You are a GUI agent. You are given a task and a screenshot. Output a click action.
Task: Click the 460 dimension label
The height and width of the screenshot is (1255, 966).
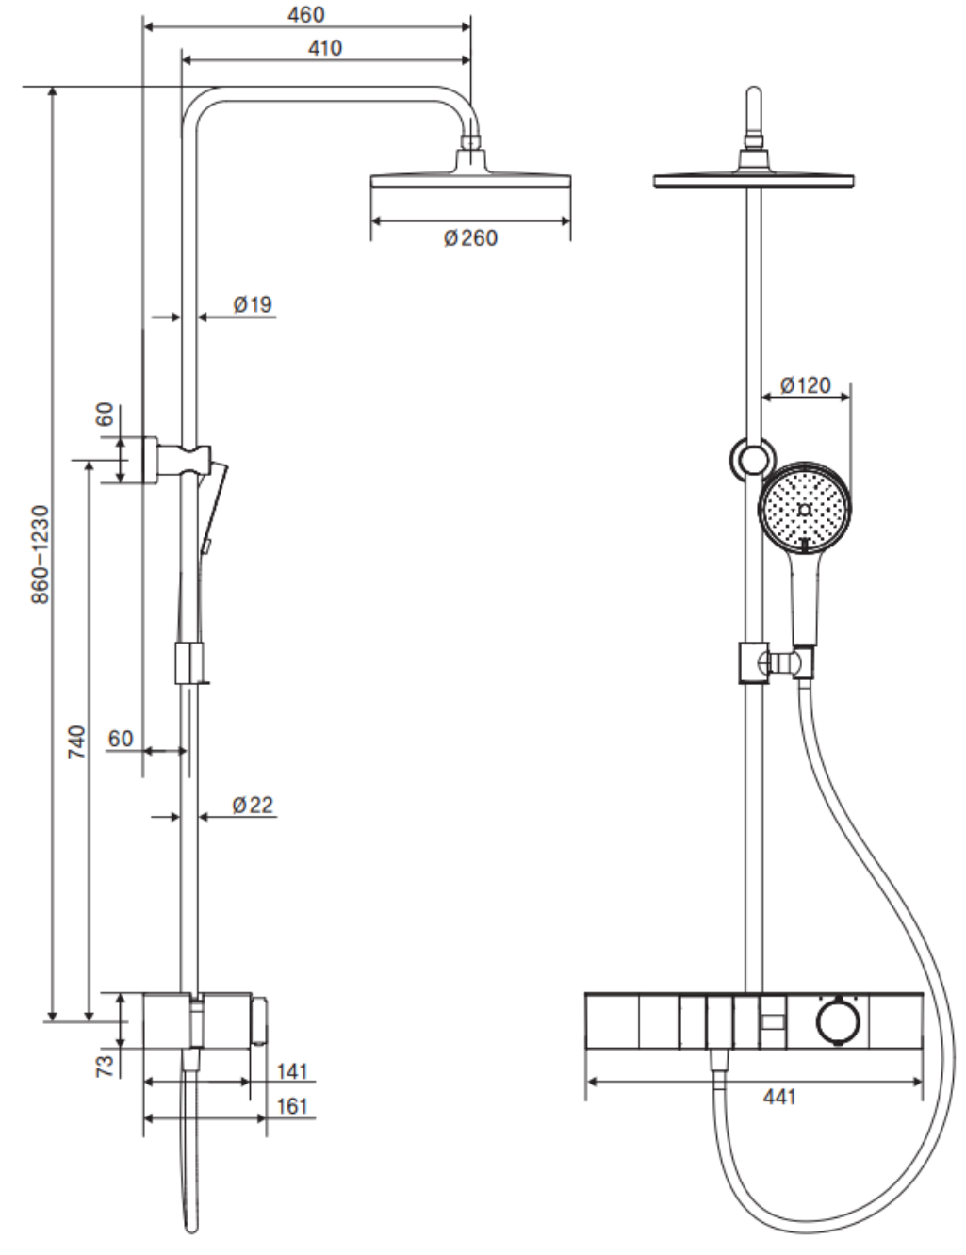pos(305,15)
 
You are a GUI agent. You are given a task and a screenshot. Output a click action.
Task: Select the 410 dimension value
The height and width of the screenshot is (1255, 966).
pos(325,48)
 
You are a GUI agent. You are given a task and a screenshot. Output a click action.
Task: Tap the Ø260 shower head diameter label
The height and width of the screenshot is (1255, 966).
pos(470,238)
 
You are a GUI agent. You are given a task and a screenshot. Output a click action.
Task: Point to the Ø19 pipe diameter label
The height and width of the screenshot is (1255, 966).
pos(253,304)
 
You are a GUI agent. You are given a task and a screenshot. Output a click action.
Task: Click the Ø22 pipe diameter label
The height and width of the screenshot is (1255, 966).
pos(253,805)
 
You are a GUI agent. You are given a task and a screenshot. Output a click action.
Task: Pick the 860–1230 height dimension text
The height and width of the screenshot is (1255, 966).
pos(41,555)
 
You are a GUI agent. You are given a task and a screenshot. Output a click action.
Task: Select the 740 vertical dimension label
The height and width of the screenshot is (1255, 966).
pos(76,742)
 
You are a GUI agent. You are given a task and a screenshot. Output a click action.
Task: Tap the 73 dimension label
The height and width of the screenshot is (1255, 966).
pos(106,1067)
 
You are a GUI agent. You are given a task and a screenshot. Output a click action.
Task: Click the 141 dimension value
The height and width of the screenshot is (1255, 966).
pos(292,1072)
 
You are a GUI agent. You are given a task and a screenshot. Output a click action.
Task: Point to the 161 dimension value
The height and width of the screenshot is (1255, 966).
pos(292,1106)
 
